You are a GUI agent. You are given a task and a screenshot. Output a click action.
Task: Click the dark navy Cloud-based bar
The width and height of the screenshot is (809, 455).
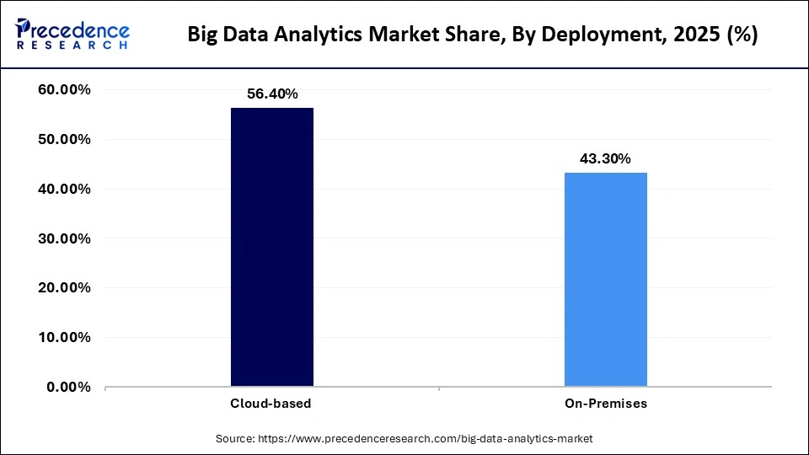click(x=271, y=247)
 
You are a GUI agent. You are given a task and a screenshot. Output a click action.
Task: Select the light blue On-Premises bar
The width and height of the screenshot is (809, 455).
click(x=605, y=280)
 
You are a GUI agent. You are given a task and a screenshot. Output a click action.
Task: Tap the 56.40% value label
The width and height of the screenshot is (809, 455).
click(x=271, y=94)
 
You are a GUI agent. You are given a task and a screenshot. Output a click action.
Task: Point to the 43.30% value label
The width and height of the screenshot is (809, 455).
click(x=605, y=158)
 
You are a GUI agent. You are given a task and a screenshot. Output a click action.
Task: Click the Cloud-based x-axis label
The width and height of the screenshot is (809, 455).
click(x=271, y=404)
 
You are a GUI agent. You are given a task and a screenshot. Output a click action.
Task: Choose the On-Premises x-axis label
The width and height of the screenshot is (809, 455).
click(x=605, y=404)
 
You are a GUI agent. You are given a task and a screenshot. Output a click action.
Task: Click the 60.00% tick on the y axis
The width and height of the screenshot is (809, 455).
click(x=65, y=90)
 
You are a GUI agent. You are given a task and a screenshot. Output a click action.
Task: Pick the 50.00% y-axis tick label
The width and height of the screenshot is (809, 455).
click(x=65, y=139)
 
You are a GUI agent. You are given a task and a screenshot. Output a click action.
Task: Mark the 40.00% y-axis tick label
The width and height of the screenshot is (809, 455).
click(x=65, y=189)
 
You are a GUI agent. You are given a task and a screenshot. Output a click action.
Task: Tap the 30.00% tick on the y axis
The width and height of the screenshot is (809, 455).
click(x=65, y=238)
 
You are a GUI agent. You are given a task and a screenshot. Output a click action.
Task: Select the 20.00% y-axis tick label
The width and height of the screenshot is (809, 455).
click(x=65, y=288)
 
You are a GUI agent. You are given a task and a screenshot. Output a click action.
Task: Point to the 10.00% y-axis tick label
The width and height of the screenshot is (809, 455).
click(x=65, y=338)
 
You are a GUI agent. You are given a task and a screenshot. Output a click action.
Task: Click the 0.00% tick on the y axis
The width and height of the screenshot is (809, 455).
click(x=69, y=387)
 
